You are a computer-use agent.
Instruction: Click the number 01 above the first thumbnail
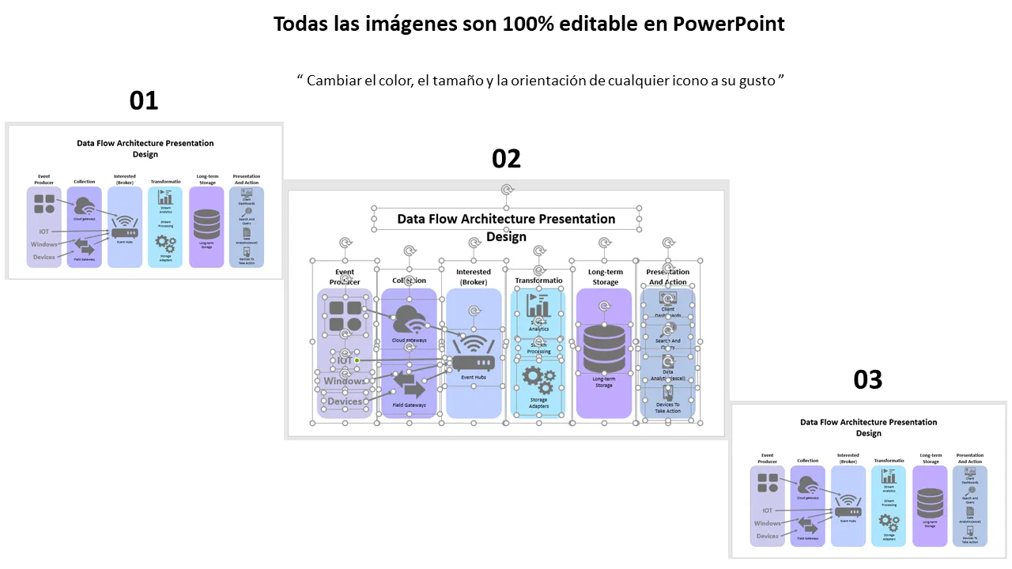tap(144, 100)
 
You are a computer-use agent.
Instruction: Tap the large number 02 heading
tap(506, 159)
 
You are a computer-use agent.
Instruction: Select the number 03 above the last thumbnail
tap(867, 380)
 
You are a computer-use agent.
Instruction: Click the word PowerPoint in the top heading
tap(728, 24)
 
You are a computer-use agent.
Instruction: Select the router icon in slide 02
tap(473, 354)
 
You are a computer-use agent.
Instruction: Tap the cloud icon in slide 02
tap(410, 321)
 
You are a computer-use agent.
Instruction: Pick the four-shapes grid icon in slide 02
tap(346, 316)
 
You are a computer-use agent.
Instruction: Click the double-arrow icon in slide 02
tap(410, 386)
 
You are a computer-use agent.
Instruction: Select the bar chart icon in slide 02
tap(538, 306)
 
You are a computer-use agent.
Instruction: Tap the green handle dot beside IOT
tap(357, 360)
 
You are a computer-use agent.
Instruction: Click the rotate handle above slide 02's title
tap(507, 190)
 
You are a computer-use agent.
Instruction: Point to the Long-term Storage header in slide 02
tap(605, 277)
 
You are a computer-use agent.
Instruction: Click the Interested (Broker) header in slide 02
tap(474, 277)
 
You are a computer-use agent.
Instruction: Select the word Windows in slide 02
tap(345, 381)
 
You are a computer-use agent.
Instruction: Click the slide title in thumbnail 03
tap(868, 428)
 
